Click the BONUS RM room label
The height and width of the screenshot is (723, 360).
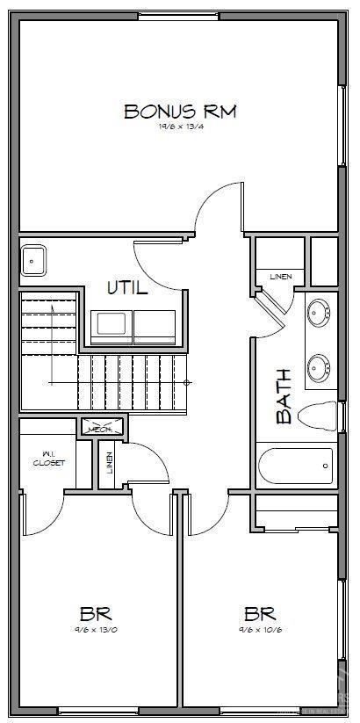[x=180, y=112]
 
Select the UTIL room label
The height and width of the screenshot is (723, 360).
[x=127, y=287]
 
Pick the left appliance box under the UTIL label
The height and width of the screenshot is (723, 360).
[x=112, y=324]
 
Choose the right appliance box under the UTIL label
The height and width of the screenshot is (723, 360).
[x=155, y=324]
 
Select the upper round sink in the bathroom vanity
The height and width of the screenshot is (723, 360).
[x=319, y=312]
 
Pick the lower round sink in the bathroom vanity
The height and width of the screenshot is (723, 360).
[x=319, y=364]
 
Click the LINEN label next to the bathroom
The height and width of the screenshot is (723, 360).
[x=280, y=277]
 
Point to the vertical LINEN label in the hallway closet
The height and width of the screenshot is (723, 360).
[x=109, y=462]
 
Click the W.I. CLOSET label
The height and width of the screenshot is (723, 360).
[x=48, y=459]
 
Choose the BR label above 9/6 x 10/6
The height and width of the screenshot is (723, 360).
[x=261, y=612]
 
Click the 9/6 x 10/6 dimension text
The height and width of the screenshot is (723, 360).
[x=261, y=629]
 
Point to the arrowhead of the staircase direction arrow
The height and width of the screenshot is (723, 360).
[x=53, y=305]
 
